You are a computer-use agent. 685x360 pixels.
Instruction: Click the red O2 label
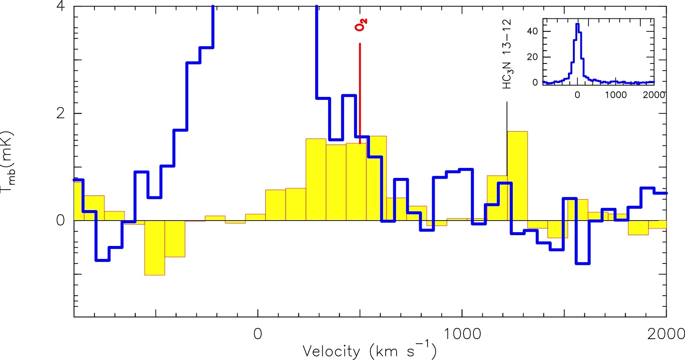pos(361,25)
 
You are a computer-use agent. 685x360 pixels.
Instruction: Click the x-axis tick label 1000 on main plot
pos(462,334)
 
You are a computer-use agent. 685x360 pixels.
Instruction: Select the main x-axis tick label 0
pos(257,334)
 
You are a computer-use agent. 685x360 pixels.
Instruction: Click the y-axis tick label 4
pos(61,7)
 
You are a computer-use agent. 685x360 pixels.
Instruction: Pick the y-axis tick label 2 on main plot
pos(61,113)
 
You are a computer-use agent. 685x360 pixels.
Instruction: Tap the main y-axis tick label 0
pos(61,220)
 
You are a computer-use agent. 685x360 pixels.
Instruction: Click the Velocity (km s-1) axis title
pos(369,351)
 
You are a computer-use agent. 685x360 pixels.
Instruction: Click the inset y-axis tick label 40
pos(532,31)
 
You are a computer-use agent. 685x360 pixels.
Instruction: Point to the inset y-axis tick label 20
pos(532,57)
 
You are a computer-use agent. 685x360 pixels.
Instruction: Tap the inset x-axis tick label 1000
pos(616,95)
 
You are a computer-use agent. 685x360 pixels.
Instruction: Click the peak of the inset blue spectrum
pos(577,24)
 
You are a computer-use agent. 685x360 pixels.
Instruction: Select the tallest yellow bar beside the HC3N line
pos(517,175)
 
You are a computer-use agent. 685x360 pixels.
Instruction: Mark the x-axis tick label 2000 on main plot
pos(666,334)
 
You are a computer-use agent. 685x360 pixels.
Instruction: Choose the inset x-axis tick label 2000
pos(654,95)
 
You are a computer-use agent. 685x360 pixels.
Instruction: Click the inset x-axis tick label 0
pos(577,95)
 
